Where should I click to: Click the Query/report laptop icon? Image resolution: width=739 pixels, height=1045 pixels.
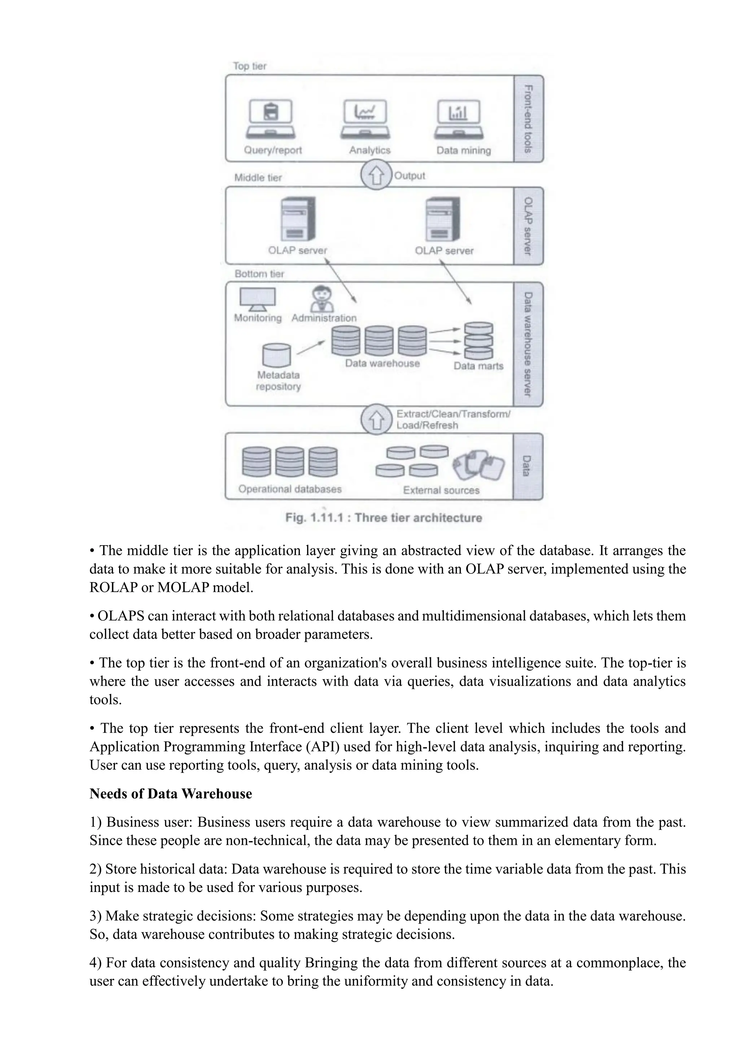271,119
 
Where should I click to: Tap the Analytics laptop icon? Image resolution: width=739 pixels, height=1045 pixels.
365,119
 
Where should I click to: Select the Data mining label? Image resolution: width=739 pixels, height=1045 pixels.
463,150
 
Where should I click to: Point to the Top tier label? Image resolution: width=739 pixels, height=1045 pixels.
249,66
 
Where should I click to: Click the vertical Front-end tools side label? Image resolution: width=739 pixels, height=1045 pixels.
528,119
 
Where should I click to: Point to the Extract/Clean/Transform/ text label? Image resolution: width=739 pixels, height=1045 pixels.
453,414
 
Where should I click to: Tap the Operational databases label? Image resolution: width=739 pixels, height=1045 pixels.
289,489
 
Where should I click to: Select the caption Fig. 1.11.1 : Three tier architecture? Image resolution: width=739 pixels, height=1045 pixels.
383,518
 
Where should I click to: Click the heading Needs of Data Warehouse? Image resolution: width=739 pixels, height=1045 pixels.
171,794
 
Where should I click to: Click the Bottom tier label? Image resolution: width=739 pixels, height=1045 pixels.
259,274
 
